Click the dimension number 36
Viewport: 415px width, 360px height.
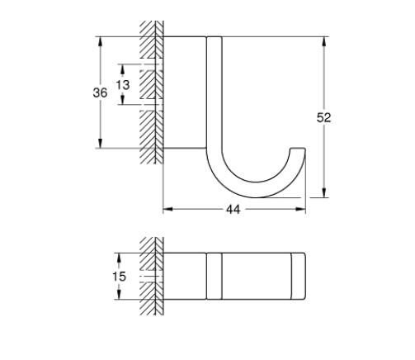click(100, 92)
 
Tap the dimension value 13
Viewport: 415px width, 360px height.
click(122, 85)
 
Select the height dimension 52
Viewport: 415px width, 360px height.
click(324, 117)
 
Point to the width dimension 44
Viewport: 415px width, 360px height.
click(233, 211)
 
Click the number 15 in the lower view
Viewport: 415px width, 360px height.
click(119, 277)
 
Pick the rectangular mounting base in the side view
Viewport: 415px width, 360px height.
click(183, 92)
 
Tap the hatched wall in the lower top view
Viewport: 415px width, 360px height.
click(149, 277)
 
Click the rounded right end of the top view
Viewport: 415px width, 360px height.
click(301, 277)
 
